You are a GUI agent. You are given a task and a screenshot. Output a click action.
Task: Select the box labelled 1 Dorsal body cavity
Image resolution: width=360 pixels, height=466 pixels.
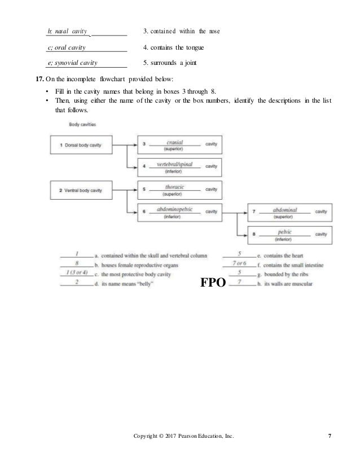tap(80, 145)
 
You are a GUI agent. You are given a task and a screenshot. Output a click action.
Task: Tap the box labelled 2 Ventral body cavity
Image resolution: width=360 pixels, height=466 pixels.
tap(80, 190)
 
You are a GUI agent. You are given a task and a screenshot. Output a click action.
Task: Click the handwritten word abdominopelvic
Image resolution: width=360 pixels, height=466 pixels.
tap(175, 209)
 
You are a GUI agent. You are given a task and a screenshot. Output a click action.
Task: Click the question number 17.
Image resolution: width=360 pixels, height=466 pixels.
tap(41, 78)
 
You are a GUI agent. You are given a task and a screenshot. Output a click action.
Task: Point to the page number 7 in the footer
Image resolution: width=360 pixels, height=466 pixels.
tap(329, 451)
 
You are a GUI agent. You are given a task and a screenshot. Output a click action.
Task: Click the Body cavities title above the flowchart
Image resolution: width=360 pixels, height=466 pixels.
tap(82, 123)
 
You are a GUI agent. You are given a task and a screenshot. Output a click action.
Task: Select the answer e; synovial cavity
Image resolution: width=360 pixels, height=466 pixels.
tap(73, 62)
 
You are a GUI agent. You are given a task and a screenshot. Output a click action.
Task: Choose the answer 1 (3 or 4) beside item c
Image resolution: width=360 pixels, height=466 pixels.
tap(76, 274)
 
